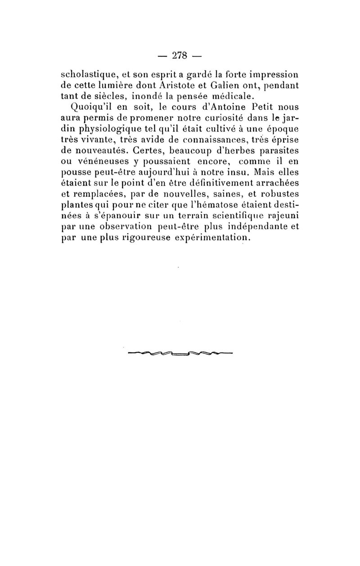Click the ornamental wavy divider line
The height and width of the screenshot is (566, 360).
click(x=180, y=353)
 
